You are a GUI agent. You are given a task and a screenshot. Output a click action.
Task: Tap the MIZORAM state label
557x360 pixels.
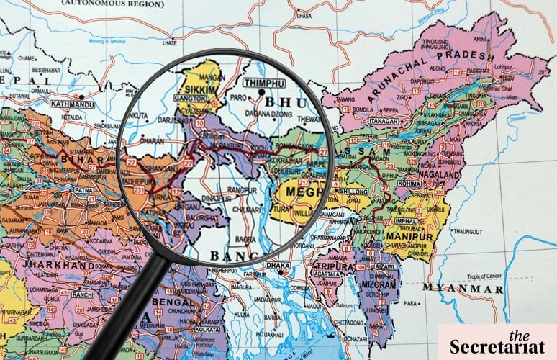(x=381, y=285)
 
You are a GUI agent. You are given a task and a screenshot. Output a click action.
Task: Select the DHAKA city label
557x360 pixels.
(x=278, y=266)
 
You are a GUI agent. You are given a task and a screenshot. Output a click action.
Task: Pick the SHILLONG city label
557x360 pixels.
(x=355, y=192)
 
